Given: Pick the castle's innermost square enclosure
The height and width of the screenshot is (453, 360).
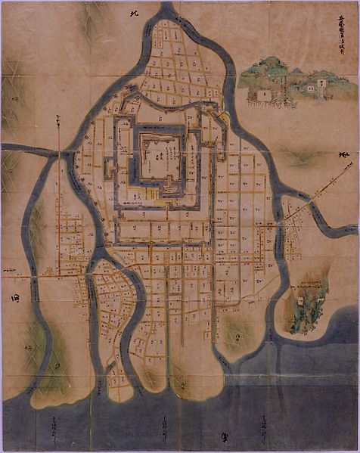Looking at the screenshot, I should [x=160, y=156].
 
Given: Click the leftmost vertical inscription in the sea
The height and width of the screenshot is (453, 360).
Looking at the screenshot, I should [x=54, y=429].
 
